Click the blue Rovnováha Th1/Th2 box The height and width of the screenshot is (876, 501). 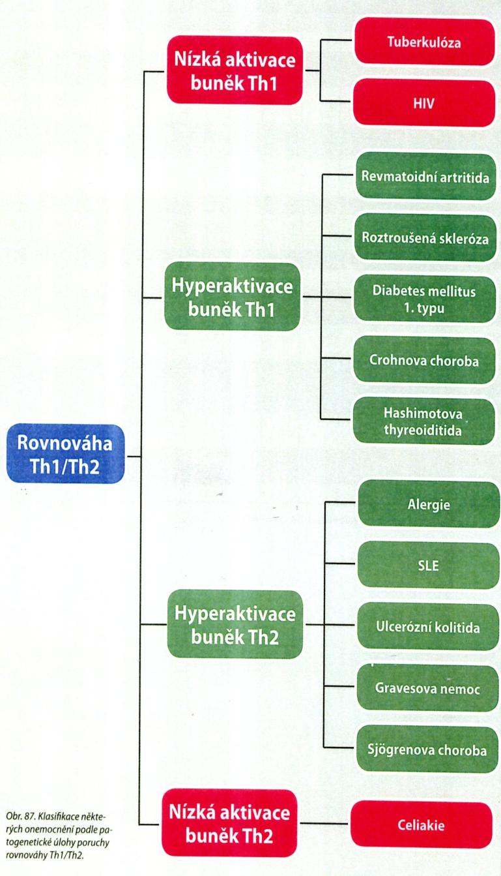click(66, 454)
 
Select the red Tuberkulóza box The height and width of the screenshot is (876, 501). click(425, 42)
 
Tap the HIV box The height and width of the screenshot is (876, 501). click(424, 103)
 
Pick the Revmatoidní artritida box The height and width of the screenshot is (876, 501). click(425, 177)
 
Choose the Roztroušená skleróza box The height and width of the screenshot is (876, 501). click(425, 238)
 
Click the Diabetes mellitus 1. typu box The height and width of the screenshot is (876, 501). click(424, 299)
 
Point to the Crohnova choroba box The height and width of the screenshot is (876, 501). click(424, 360)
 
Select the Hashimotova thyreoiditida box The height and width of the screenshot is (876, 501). click(423, 421)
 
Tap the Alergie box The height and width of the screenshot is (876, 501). click(429, 504)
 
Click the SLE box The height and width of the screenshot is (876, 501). click(429, 566)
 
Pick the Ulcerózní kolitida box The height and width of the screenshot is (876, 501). click(428, 627)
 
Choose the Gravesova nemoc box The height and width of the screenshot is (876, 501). click(427, 688)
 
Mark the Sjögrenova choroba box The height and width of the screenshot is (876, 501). click(427, 749)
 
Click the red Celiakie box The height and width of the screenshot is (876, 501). click(422, 825)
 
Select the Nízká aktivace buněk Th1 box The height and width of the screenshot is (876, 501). click(235, 70)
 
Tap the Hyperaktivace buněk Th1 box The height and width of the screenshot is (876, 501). click(233, 297)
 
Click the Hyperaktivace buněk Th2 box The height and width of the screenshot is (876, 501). click(235, 624)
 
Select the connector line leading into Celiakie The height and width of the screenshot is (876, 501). click(324, 824)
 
